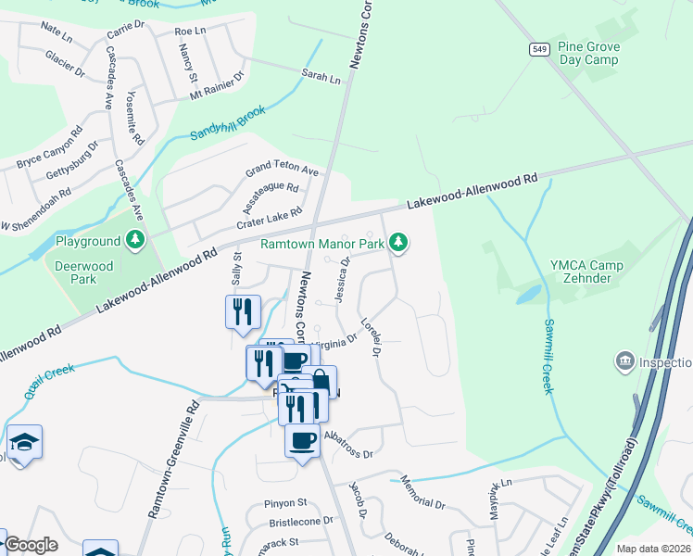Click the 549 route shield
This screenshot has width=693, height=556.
click(537, 49)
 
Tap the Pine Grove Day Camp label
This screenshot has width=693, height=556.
click(588, 53)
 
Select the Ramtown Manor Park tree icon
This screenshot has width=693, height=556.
click(398, 243)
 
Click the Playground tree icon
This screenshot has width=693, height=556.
click(136, 241)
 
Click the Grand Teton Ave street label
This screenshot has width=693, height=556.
click(281, 172)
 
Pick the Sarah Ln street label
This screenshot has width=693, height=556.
click(321, 79)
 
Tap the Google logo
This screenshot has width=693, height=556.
click(31, 545)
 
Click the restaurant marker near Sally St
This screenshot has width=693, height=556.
click(243, 311)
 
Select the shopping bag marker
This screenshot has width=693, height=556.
click(319, 382)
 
